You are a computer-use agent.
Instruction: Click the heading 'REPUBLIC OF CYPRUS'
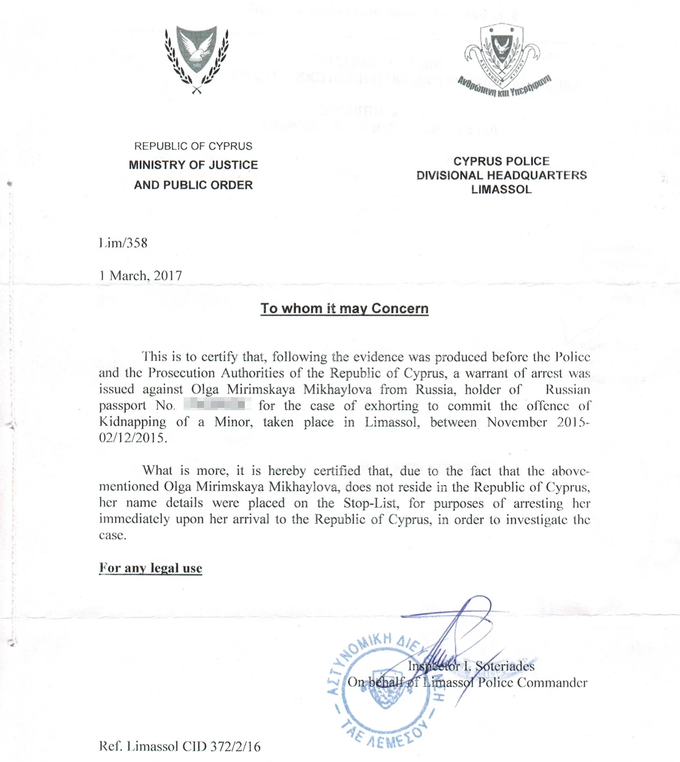[x=193, y=146]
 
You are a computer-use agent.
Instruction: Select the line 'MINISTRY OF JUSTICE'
[x=193, y=165]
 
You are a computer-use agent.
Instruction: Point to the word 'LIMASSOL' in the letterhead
[x=501, y=190]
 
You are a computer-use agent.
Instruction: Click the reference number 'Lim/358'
[x=123, y=243]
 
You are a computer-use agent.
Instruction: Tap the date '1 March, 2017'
[x=141, y=276]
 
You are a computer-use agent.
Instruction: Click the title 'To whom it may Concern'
[x=345, y=309]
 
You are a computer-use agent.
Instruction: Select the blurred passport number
[x=218, y=405]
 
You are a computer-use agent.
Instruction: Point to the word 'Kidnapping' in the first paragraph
[x=133, y=422]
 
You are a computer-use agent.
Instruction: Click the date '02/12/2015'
[x=133, y=438]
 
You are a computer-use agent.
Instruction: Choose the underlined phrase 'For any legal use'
[x=151, y=568]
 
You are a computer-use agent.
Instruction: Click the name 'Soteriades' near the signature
[x=505, y=666]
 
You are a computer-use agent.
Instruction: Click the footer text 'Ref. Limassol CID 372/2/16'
[x=180, y=747]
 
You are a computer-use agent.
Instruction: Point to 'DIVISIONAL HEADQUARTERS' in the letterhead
[x=501, y=176]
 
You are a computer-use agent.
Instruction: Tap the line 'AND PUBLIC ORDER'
[x=193, y=185]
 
